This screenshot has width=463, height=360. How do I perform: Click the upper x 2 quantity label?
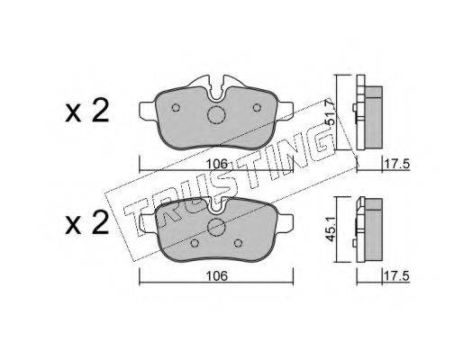pyautogui.click(x=87, y=111)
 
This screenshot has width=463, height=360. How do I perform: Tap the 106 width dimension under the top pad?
pyautogui.click(x=217, y=164)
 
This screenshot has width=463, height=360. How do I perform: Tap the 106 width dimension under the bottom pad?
pyautogui.click(x=217, y=276)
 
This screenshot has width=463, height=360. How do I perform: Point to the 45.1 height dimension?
pyautogui.click(x=331, y=229)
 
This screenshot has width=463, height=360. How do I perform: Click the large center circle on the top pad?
pyautogui.click(x=216, y=115)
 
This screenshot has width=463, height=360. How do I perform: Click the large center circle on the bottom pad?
pyautogui.click(x=216, y=227)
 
